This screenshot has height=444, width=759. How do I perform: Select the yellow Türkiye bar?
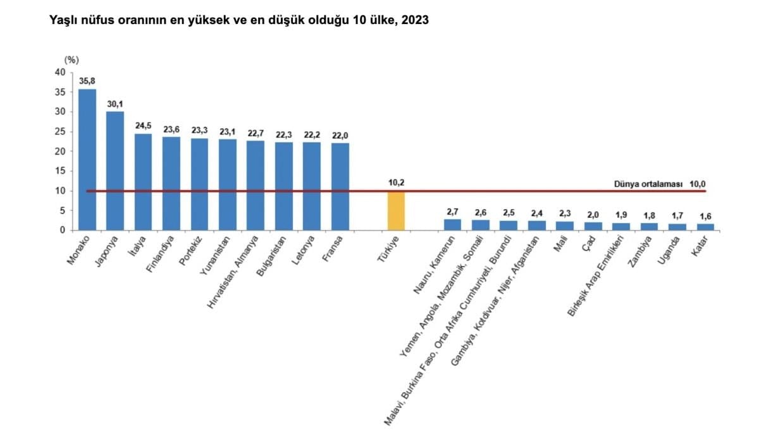click(x=396, y=210)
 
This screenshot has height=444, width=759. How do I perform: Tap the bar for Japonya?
click(x=115, y=171)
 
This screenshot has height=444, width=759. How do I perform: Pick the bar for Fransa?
click(x=340, y=186)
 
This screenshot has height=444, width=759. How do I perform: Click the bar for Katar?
click(x=706, y=227)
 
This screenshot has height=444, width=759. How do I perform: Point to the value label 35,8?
click(x=87, y=80)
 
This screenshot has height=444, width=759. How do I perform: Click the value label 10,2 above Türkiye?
click(x=396, y=183)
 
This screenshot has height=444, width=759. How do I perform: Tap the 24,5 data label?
click(x=144, y=125)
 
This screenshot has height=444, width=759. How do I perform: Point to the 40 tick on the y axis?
click(x=61, y=72)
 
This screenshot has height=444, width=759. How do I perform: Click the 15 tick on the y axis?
click(x=61, y=171)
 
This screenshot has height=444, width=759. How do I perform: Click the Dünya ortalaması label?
click(x=648, y=184)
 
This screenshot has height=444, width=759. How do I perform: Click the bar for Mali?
click(x=565, y=225)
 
